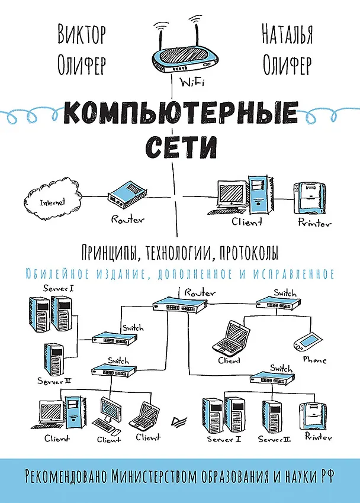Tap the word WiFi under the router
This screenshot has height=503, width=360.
coord(192,82)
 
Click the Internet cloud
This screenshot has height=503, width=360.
coord(53,199)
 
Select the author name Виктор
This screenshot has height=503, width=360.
coord(82,34)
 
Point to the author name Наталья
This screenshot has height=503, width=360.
coord(287,34)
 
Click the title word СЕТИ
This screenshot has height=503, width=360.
coord(181,146)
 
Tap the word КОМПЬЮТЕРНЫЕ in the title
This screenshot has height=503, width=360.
coord(181,112)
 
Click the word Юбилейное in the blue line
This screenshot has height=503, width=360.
coord(57,273)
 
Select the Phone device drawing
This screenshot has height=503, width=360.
coord(307,342)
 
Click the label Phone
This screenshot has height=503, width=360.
coord(314,360)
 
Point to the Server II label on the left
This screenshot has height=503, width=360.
coord(54,381)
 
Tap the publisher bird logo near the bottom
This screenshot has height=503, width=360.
coord(179,421)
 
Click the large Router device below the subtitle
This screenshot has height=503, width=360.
coord(179,305)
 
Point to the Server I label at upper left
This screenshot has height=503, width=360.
coord(59,288)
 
